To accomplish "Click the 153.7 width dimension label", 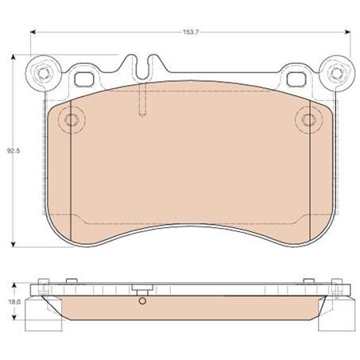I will coord(192,33).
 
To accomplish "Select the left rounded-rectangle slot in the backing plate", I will coord(83,78).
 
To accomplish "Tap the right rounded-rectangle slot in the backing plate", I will coord(296,78).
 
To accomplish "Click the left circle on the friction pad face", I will coord(72,121).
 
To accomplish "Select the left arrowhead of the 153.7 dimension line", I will coord(33,33).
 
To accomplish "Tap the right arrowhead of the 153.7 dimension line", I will coord(350,33).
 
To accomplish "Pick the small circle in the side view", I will coord(141,301).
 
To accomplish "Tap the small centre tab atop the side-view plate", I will coord(141,288).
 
